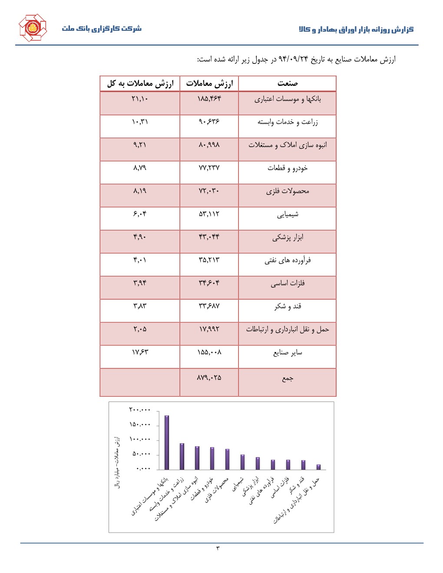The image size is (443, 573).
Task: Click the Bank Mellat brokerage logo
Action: click(33, 28)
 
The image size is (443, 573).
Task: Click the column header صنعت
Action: click(288, 83)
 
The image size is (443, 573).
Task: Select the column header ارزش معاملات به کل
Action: click(140, 83)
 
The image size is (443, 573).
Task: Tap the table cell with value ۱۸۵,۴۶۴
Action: click(209, 99)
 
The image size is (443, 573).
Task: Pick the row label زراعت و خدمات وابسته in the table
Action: click(288, 122)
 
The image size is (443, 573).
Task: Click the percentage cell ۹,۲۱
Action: click(140, 145)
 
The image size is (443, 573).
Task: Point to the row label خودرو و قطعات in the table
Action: click(288, 168)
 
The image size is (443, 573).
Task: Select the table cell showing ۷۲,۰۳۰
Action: click(209, 191)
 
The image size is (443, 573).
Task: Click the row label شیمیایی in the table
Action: click(288, 214)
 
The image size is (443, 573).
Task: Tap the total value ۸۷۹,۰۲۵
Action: click(209, 378)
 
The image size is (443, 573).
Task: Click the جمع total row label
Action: click(288, 379)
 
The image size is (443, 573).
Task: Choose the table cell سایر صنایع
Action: click(288, 352)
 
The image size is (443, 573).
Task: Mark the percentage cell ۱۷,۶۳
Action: click(140, 352)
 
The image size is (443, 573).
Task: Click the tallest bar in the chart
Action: click(167, 442)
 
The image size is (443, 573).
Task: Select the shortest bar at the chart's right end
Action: click(318, 467)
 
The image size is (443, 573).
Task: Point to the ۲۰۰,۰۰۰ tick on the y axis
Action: click(139, 410)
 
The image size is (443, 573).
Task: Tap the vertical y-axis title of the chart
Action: click(117, 462)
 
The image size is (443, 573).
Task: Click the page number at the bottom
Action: click(218, 548)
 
